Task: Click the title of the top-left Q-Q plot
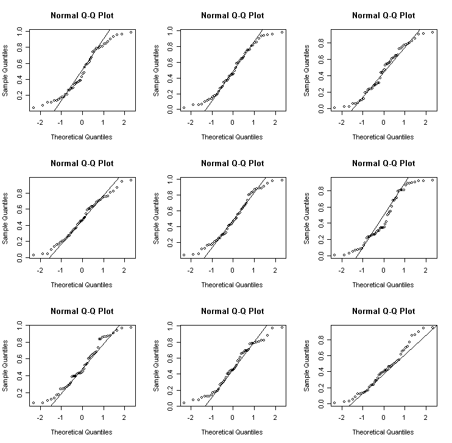pyautogui.click(x=82, y=15)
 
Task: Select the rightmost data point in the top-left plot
pyautogui.click(x=131, y=32)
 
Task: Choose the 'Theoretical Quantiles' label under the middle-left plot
pyautogui.click(x=82, y=284)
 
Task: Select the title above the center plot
pyautogui.click(x=232, y=163)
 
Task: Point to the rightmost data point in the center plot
pyautogui.click(x=282, y=180)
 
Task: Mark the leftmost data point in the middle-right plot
pyautogui.click(x=334, y=255)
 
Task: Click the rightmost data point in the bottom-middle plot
pyautogui.click(x=282, y=327)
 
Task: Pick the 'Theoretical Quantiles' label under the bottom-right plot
pyautogui.click(x=383, y=432)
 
